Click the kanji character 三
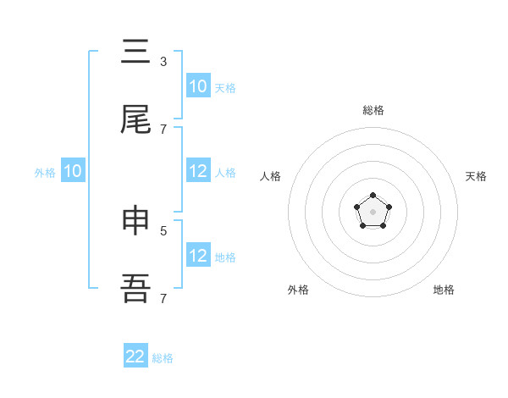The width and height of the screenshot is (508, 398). pyautogui.click(x=135, y=53)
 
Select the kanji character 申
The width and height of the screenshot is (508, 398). pyautogui.click(x=135, y=222)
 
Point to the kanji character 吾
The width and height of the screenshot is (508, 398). pyautogui.click(x=135, y=290)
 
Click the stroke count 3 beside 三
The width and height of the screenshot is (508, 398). pyautogui.click(x=163, y=61)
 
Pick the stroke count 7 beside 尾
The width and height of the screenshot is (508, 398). pyautogui.click(x=163, y=129)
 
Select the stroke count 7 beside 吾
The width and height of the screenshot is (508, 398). pyautogui.click(x=163, y=298)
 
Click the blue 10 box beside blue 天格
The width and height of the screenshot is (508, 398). pyautogui.click(x=197, y=86)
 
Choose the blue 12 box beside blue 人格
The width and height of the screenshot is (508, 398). pyautogui.click(x=197, y=171)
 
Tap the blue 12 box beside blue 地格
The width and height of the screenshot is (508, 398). pyautogui.click(x=197, y=256)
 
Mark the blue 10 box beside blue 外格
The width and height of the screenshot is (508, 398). pyautogui.click(x=73, y=171)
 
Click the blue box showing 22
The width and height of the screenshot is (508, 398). pyautogui.click(x=135, y=357)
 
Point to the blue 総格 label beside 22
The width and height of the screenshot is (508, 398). pyautogui.click(x=163, y=358)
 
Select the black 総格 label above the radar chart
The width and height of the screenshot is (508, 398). pyautogui.click(x=373, y=110)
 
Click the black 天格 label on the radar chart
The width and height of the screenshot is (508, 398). pyautogui.click(x=476, y=176)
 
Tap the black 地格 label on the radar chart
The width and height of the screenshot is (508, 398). pyautogui.click(x=444, y=290)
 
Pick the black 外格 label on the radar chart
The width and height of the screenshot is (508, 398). pyautogui.click(x=298, y=290)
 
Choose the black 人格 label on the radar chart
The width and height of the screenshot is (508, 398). pyautogui.click(x=270, y=176)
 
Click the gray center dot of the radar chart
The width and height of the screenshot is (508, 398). pyautogui.click(x=373, y=211)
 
